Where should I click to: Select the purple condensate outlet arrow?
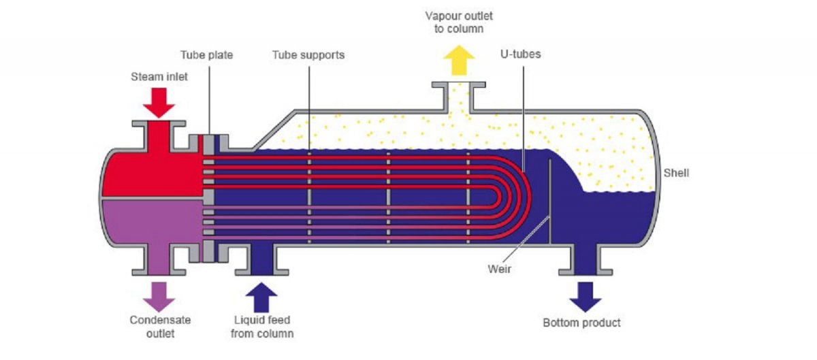[159, 294]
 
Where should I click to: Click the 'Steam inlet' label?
[159, 77]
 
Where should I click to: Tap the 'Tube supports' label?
[308, 54]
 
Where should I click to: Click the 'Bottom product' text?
[581, 322]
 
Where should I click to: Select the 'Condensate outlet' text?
[160, 326]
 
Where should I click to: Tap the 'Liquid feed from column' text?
[262, 326]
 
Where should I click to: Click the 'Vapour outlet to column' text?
[459, 22]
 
